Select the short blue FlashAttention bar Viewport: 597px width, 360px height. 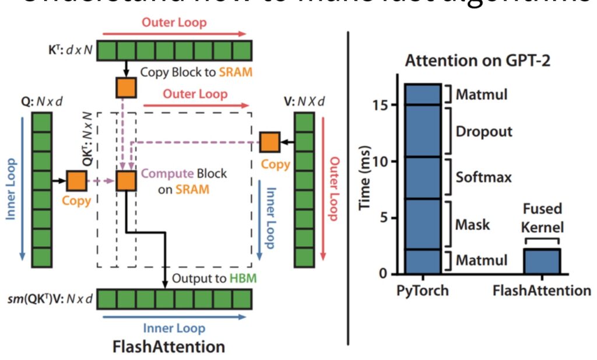[x=542, y=261]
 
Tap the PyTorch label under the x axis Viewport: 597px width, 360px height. [x=423, y=290]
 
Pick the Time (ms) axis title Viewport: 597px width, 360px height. [x=366, y=179]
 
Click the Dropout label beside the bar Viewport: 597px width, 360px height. [x=484, y=131]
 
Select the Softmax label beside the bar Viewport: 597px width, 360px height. [x=484, y=177]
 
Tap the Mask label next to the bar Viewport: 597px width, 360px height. [x=473, y=224]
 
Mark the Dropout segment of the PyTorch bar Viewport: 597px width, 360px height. [x=423, y=131]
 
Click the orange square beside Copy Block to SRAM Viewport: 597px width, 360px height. [x=126, y=88]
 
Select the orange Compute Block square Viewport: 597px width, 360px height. [x=126, y=181]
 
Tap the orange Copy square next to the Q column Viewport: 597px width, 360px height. [x=76, y=181]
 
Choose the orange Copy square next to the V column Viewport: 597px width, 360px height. [x=269, y=142]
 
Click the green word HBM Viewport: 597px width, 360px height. [x=239, y=279]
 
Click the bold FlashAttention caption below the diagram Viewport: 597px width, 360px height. [x=169, y=347]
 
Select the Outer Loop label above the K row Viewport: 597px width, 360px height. [x=174, y=23]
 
